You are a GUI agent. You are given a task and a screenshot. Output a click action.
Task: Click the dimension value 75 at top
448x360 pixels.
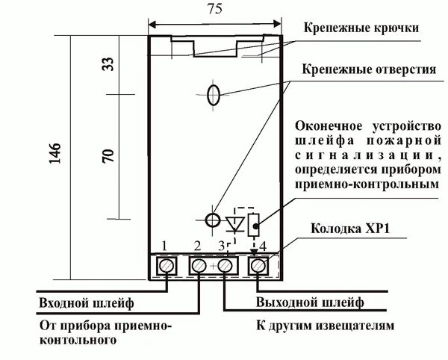(214, 11)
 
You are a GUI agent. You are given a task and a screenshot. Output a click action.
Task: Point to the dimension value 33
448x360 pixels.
(107, 66)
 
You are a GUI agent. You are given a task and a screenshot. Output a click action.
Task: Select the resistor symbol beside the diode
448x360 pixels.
(255, 223)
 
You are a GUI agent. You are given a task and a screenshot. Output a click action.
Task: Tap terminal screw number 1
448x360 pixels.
(166, 266)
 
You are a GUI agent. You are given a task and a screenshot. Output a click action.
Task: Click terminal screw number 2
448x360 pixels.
(199, 266)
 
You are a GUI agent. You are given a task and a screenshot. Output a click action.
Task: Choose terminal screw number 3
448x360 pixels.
(225, 266)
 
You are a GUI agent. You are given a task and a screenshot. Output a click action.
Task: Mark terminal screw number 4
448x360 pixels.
(258, 266)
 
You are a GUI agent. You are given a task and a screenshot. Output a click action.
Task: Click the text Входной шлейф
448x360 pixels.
(85, 303)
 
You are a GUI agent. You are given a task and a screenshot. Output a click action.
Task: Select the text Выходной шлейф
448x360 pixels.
(310, 303)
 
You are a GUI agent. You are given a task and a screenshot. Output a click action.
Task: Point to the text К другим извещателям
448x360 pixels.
(323, 327)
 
